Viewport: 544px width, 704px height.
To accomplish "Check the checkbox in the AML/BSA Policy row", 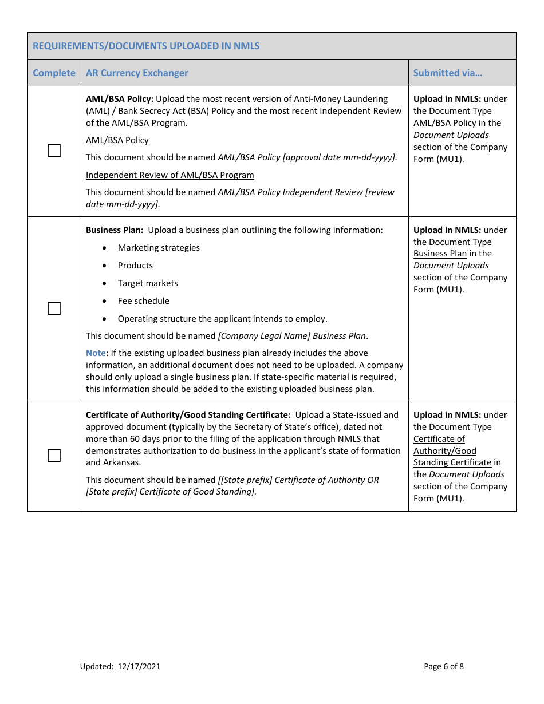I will (54, 151).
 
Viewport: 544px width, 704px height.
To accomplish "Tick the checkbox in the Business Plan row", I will (54, 309).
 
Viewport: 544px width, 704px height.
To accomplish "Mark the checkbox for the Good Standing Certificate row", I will (54, 456).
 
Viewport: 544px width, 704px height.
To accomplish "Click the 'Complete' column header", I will (54, 73).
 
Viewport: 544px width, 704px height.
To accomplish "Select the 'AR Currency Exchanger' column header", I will (137, 73).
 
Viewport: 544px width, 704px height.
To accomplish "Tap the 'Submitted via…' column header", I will (448, 73).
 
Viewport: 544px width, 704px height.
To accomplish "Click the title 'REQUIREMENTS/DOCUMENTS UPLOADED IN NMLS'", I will (146, 46).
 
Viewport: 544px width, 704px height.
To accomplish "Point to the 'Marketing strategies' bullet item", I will (159, 248).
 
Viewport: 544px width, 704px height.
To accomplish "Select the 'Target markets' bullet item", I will (148, 283).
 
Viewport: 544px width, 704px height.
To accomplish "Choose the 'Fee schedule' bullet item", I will (144, 301).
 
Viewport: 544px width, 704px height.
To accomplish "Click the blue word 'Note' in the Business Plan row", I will (96, 353).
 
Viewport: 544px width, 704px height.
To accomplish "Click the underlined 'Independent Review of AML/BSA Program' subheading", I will (170, 175).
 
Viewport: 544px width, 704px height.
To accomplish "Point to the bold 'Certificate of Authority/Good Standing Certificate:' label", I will (188, 415).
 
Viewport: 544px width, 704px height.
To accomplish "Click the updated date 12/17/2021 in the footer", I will (139, 666).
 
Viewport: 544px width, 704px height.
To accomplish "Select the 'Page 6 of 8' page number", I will (444, 666).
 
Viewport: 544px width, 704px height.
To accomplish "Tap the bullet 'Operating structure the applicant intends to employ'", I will (223, 319).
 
